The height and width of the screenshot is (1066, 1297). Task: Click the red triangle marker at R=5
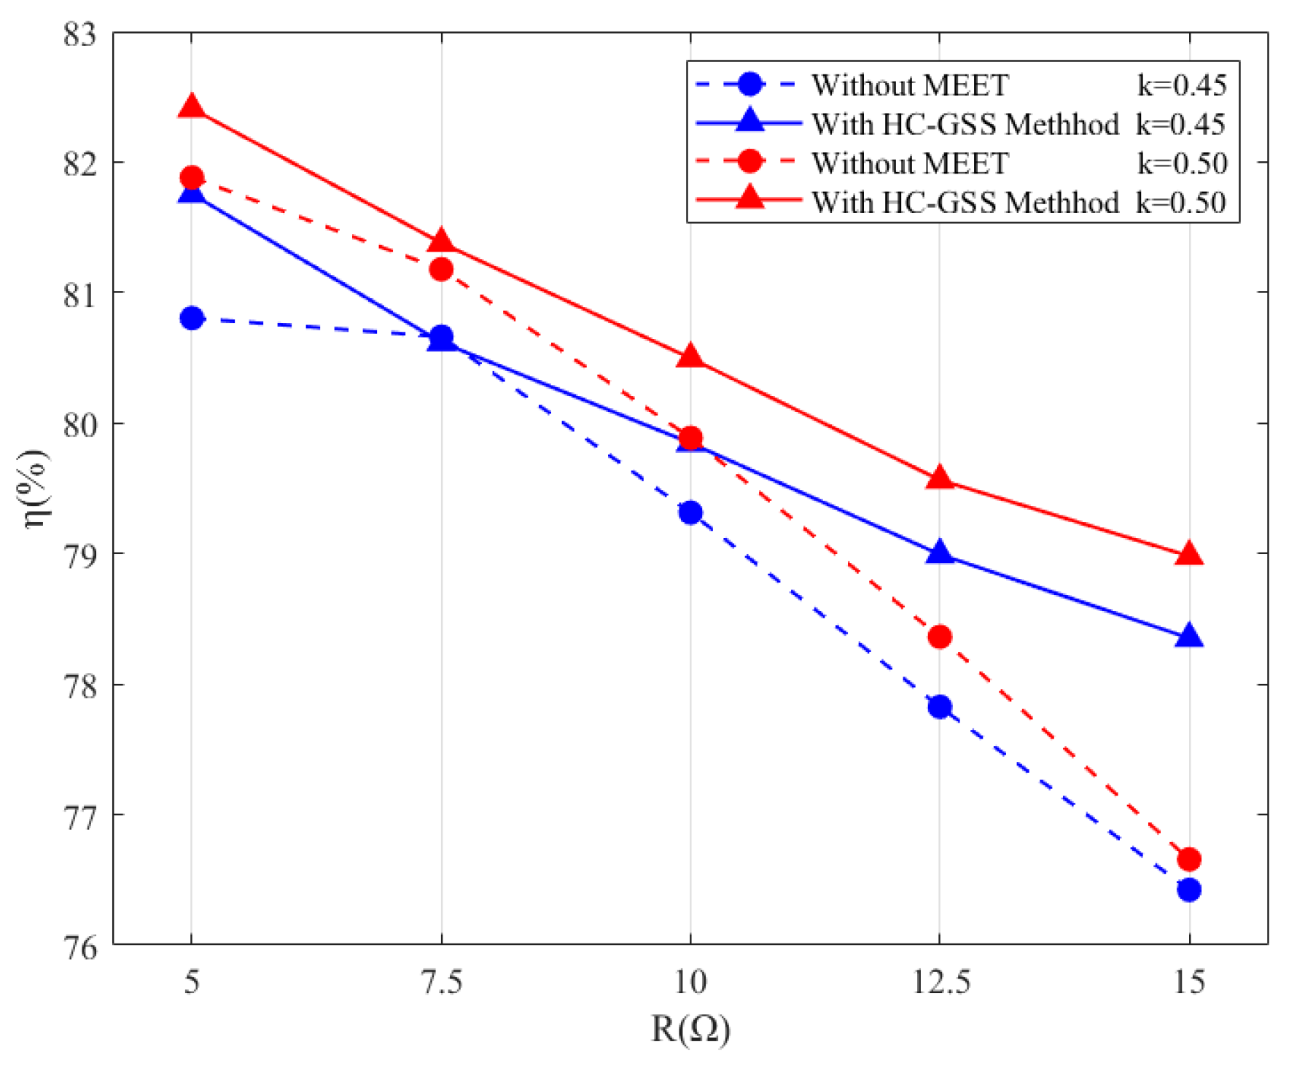[x=192, y=106]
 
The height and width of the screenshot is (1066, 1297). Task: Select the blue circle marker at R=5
[x=192, y=318]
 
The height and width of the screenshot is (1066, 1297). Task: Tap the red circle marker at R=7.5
[x=441, y=270]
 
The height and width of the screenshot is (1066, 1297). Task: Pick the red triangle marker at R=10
[x=690, y=357]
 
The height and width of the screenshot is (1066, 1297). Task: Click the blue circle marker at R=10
[x=690, y=513]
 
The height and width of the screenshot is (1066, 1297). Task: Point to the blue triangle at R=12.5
[x=940, y=553]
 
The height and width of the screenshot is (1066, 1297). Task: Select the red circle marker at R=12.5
[x=940, y=637]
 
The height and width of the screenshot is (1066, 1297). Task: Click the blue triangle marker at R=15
[x=1189, y=637]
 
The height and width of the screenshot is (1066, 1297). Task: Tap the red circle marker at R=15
[x=1189, y=860]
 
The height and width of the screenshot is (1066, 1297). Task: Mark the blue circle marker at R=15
[x=1189, y=890]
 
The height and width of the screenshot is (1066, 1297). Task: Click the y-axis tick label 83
[x=79, y=34]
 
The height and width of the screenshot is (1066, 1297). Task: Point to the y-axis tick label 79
[x=79, y=555]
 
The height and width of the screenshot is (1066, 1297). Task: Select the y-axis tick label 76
[x=79, y=946]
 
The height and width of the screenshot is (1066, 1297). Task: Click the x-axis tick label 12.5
[x=940, y=984]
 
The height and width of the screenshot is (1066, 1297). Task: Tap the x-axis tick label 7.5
[x=442, y=984]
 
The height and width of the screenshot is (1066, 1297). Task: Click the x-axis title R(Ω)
[x=690, y=1029]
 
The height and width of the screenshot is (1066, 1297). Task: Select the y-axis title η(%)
[x=35, y=489]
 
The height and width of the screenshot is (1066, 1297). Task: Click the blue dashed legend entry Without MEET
[x=910, y=85]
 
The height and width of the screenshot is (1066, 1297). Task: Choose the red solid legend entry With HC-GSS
[x=965, y=202]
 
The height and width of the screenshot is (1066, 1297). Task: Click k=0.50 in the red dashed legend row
[x=1182, y=163]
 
